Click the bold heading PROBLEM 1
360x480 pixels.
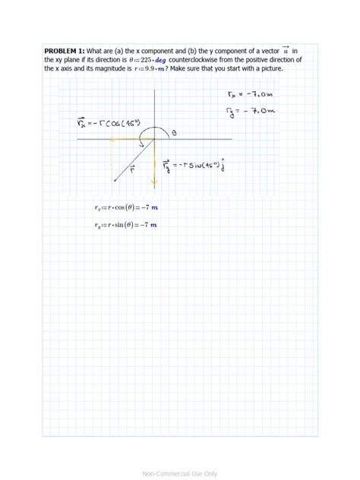(66, 50)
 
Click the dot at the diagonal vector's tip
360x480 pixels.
(115, 181)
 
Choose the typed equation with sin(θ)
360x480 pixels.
(125, 225)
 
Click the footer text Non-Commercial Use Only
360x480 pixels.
(180, 473)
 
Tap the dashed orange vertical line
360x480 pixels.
(112, 159)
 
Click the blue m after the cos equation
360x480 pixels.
(155, 207)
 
